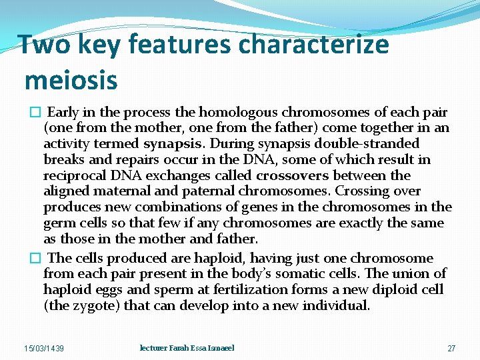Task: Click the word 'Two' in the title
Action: click(43, 45)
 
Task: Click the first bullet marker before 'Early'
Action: click(37, 112)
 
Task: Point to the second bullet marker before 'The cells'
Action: click(37, 259)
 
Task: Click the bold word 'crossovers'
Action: click(293, 176)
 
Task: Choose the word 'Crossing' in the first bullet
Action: click(360, 192)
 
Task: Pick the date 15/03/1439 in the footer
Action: click(45, 349)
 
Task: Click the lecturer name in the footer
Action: click(187, 348)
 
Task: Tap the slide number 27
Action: click(451, 349)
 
